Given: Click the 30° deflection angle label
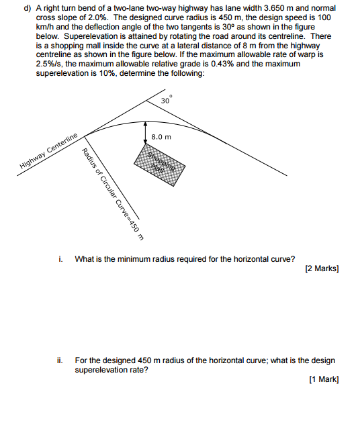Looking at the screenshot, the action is point(167,100).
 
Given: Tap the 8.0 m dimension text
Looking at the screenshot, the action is point(161,138).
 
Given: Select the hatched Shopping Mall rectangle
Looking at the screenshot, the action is point(159,164).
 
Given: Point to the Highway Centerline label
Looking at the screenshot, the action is point(48,151).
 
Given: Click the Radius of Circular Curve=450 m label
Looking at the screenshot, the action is point(113,194).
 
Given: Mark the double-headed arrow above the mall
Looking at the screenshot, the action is point(146,132).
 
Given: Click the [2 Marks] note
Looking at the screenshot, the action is point(322,268).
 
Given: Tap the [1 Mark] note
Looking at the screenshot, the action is point(324,379).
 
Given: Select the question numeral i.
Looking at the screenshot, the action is point(60,259).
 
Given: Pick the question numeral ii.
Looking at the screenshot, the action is point(60,360).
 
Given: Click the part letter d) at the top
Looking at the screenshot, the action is point(28,9).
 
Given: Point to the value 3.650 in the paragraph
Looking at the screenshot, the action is point(274,8).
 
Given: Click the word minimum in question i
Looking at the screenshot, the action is point(132,259).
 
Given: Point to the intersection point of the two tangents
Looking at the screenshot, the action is point(146,100).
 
